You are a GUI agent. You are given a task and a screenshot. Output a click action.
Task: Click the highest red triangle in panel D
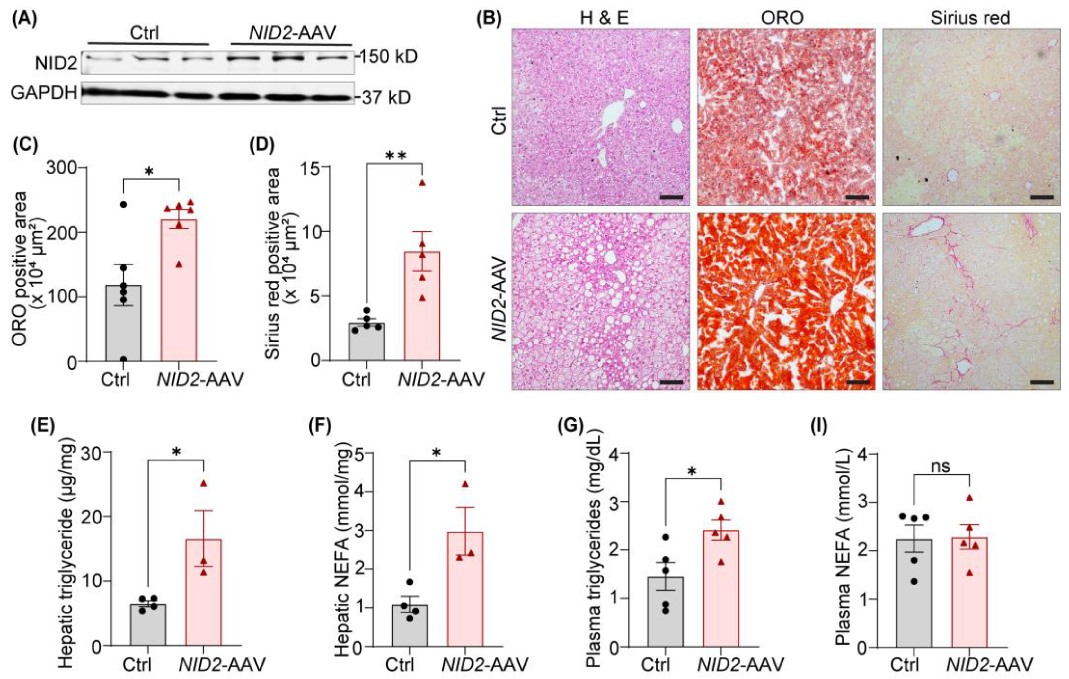point(422,183)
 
